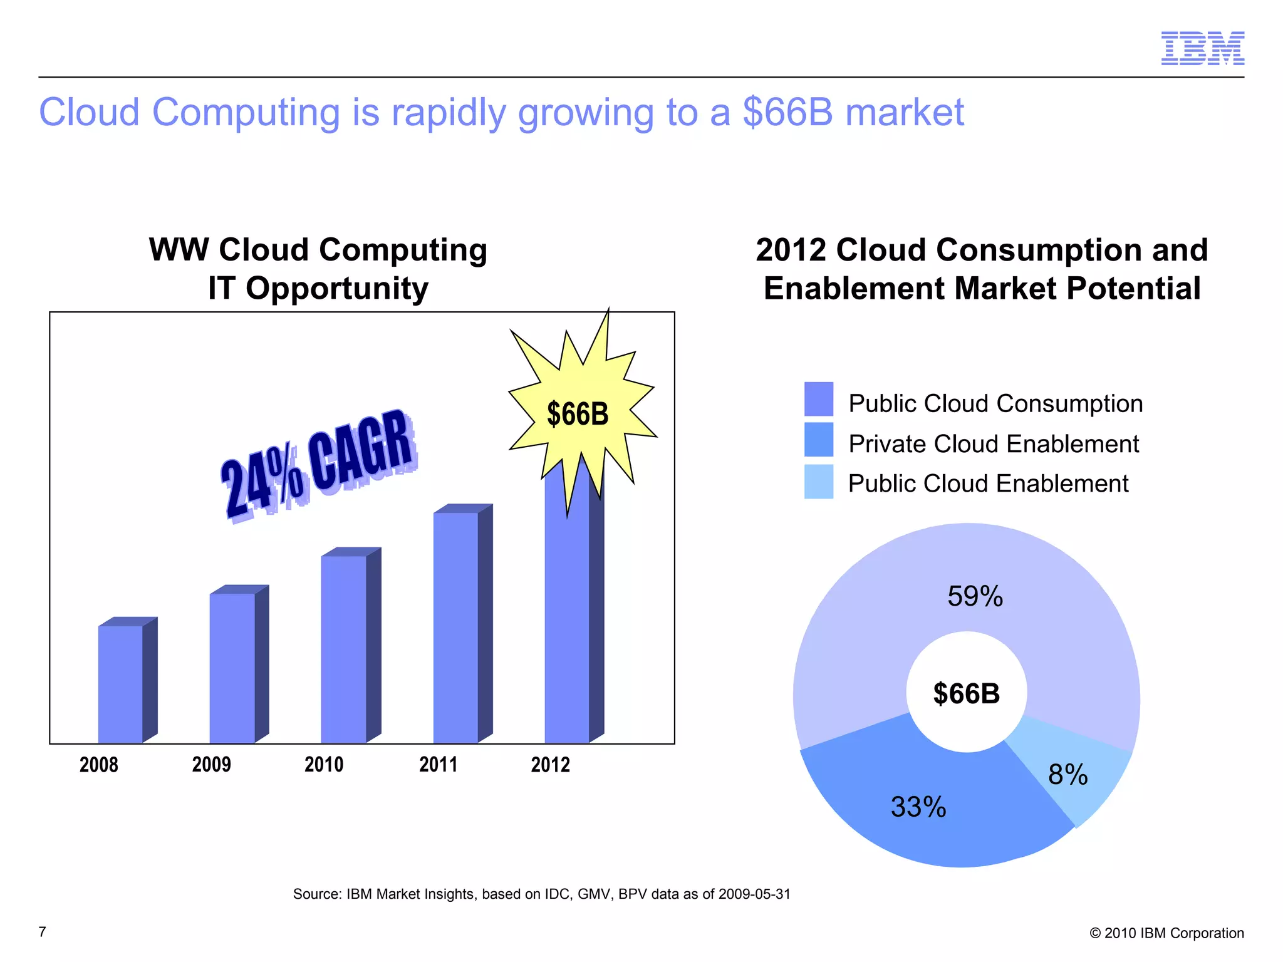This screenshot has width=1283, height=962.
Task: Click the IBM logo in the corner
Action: pos(1202,48)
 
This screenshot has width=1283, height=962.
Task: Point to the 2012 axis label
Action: pos(550,765)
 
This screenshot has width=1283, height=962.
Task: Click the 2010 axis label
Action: pos(324,765)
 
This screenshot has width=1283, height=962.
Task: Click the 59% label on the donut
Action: pos(975,596)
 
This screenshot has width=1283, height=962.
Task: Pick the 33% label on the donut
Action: pos(918,807)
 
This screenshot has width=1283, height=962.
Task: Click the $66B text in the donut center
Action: pos(966,694)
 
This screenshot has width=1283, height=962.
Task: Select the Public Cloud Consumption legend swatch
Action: pos(818,399)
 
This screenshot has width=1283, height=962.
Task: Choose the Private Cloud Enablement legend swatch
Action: pos(818,440)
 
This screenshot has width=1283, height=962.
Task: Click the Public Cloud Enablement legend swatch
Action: pos(818,481)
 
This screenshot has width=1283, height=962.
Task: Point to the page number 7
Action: pos(43,932)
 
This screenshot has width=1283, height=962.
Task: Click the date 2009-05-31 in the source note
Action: pos(754,894)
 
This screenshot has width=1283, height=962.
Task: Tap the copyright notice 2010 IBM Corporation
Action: pos(1166,933)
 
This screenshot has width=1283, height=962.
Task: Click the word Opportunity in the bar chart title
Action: pos(337,289)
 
